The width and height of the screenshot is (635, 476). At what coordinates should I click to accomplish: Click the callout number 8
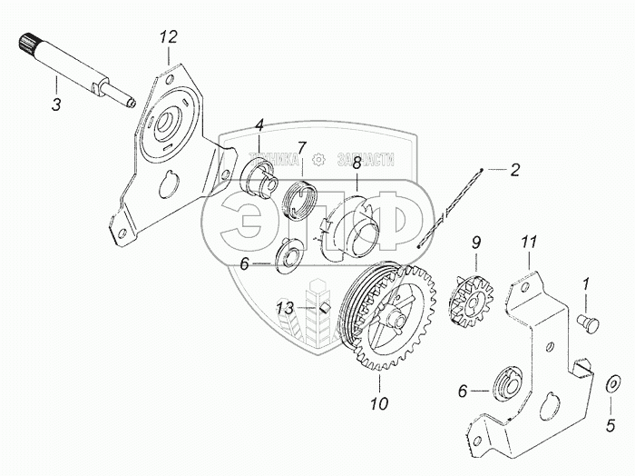357,164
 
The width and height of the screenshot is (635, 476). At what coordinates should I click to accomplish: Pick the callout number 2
514,169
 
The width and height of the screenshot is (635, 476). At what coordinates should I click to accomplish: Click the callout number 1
585,284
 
